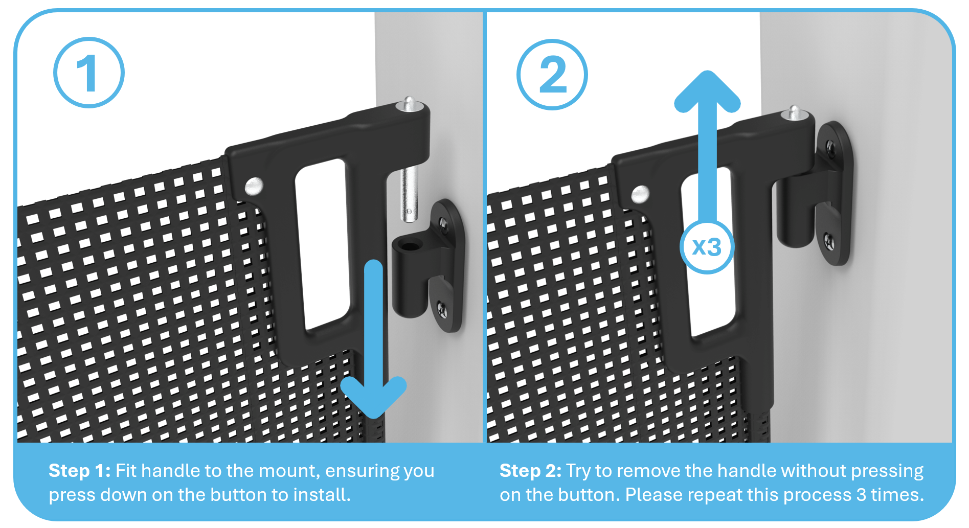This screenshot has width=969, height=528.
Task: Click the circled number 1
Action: [89, 73]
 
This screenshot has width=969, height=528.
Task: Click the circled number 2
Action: [552, 75]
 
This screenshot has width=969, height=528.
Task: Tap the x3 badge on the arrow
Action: [707, 247]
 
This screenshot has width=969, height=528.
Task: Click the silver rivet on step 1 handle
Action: [254, 186]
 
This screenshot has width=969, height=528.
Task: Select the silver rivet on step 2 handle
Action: [640, 194]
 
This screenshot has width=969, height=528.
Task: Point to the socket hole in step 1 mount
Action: [408, 244]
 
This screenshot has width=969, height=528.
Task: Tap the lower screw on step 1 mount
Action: [442, 309]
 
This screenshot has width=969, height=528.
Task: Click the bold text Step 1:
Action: [80, 471]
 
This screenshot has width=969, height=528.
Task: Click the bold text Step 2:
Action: [531, 471]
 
